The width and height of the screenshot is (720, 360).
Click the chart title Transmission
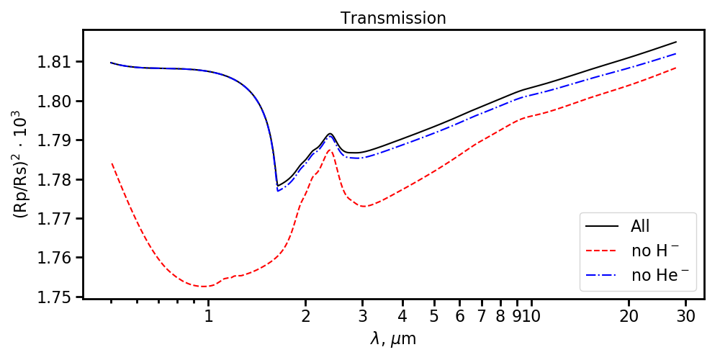393,18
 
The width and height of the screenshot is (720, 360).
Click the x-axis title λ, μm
393,339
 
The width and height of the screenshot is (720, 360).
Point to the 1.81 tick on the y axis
57,62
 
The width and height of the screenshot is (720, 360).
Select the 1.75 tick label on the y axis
57,297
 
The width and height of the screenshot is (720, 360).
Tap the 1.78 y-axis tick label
57,179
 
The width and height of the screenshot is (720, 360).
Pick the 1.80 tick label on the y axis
57,101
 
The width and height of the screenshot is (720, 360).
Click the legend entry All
640,226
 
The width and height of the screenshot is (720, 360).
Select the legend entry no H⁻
654,251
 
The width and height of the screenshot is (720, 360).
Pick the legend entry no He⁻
657,275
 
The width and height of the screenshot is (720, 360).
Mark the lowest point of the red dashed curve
205,287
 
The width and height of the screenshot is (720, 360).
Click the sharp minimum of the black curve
278,186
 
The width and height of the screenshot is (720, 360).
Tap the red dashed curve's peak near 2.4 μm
329,150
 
